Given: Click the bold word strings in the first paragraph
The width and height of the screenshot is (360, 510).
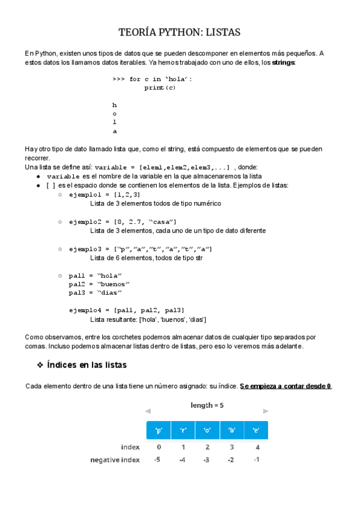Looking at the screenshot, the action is pos(284,63).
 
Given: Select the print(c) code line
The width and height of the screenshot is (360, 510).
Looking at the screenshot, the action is pos(160,88).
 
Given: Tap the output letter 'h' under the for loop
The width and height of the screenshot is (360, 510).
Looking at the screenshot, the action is pos(115,105).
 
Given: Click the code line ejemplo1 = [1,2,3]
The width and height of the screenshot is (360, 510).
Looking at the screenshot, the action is pos(105,195).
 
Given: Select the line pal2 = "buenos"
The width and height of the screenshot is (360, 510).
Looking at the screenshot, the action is pos(99,283).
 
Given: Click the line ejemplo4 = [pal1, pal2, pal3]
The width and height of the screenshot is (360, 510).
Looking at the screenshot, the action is pos(126,310).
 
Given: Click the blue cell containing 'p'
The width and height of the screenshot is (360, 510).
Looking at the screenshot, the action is pos(159,430).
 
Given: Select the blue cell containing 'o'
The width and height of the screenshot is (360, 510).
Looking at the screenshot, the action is pos(207,430).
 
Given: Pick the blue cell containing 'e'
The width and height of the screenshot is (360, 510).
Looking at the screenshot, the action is pos(256,430).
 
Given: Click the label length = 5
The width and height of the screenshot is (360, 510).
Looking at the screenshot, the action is pos(207,405).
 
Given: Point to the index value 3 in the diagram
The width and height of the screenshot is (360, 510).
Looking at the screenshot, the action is pos(231,447).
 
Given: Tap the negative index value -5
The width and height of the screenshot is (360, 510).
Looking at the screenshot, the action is pos(157,459).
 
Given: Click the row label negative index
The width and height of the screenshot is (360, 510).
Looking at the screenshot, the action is pos(114,459).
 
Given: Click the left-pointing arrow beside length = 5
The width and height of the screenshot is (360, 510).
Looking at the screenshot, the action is pos(148,412).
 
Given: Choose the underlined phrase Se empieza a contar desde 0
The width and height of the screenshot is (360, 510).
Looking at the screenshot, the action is pos(285,386).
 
